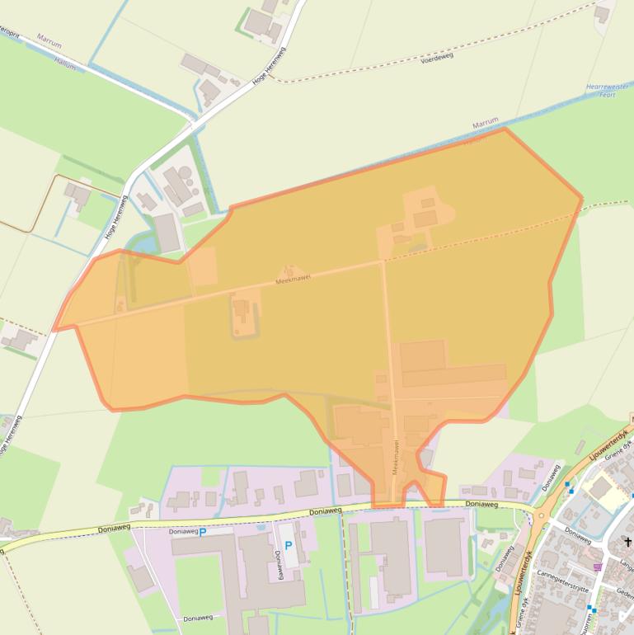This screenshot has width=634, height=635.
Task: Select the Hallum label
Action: click(x=64, y=60)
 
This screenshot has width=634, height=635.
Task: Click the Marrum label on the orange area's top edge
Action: click(x=486, y=124)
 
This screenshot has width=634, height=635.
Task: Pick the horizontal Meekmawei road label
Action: click(x=291, y=281)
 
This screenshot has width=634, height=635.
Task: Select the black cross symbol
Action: click(x=627, y=542)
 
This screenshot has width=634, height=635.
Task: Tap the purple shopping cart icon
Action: click(x=598, y=567)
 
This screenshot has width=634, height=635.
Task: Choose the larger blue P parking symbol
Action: click(x=289, y=546)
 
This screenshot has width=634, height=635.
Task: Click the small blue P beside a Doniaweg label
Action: click(x=202, y=532)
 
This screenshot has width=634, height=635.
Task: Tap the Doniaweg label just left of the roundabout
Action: click(x=481, y=503)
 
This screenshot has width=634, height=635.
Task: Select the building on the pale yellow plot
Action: click(x=600, y=488)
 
